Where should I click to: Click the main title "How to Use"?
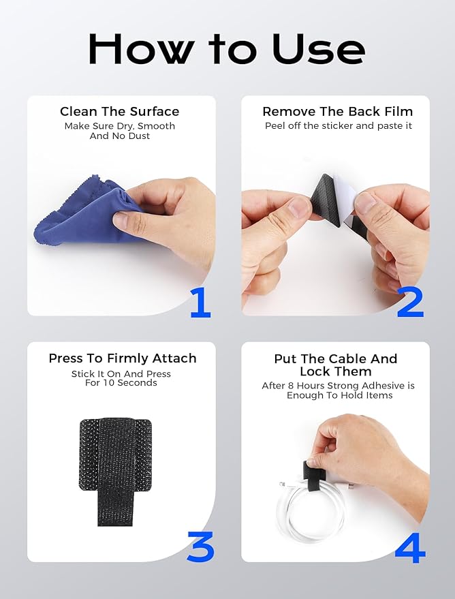pyautogui.click(x=227, y=50)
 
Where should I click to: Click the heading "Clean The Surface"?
pyautogui.click(x=120, y=112)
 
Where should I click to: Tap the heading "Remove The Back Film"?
pyautogui.click(x=337, y=112)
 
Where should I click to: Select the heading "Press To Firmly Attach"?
pyautogui.click(x=123, y=358)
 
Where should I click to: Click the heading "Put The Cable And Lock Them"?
pyautogui.click(x=336, y=365)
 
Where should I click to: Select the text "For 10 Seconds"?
pyautogui.click(x=121, y=383)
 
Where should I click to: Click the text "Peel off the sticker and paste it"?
pyautogui.click(x=339, y=126)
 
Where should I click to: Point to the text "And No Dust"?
pyautogui.click(x=120, y=136)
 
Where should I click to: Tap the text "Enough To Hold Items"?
pyautogui.click(x=339, y=395)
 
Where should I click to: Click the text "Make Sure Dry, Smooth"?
pyautogui.click(x=120, y=126)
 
